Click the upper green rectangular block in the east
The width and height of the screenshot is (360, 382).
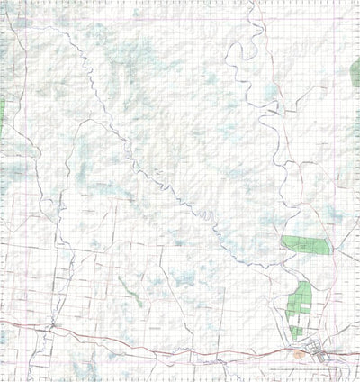point(301,243)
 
